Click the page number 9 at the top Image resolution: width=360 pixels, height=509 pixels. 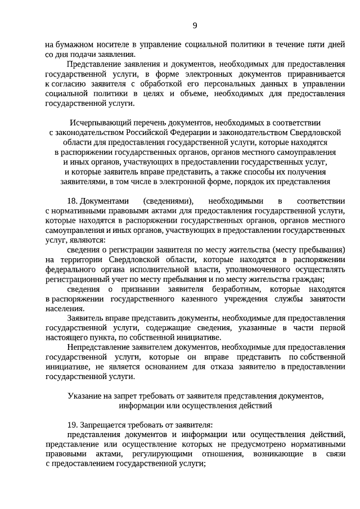coord(195,25)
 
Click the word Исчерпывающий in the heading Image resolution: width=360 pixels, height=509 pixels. coord(97,122)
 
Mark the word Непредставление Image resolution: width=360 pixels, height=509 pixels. coord(98,347)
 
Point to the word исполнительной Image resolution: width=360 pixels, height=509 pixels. coord(148,269)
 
